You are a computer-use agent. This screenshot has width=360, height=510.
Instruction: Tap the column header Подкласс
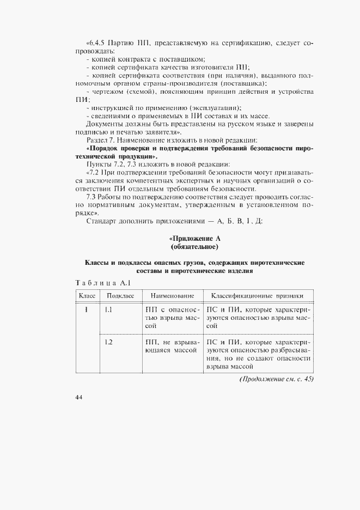(x=120, y=295)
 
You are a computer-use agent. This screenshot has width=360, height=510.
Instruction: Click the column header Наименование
(x=172, y=295)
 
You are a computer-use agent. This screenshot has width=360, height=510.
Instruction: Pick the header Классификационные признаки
(x=259, y=295)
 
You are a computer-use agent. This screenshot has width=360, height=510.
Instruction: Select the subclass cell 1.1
(x=108, y=309)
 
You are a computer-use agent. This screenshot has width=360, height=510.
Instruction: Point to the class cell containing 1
(x=86, y=309)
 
